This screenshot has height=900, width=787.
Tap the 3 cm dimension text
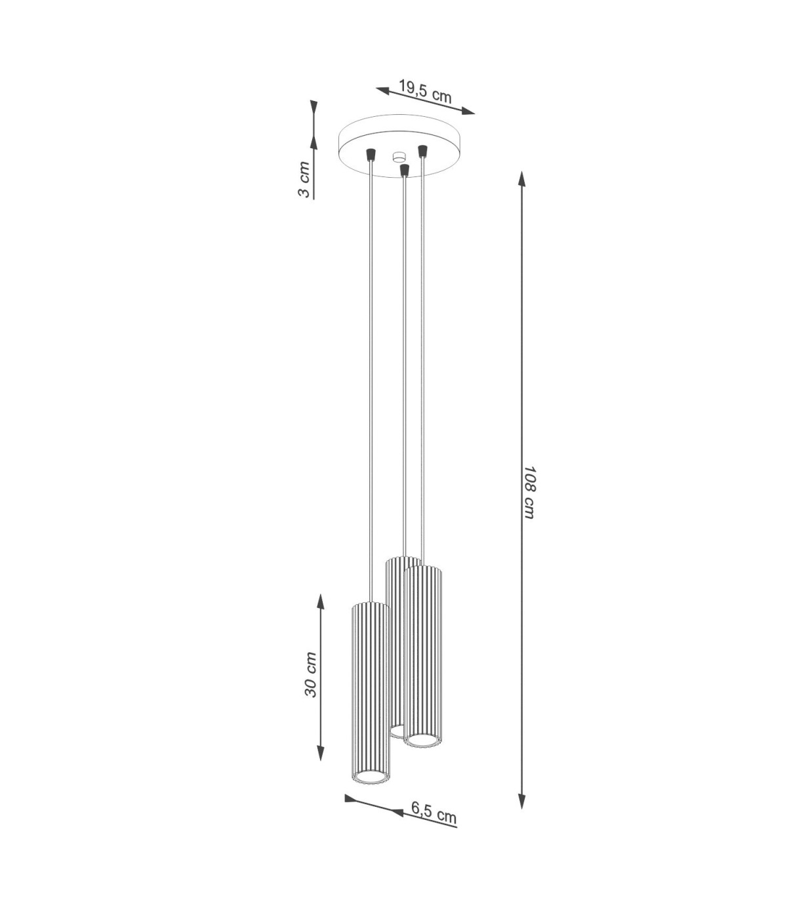(304, 180)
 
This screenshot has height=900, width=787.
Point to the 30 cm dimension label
(310, 680)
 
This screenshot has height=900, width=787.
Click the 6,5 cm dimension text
(434, 815)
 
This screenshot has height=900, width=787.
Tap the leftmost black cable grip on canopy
(371, 154)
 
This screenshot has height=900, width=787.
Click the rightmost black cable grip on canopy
(422, 150)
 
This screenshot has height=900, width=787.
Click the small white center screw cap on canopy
(399, 157)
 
